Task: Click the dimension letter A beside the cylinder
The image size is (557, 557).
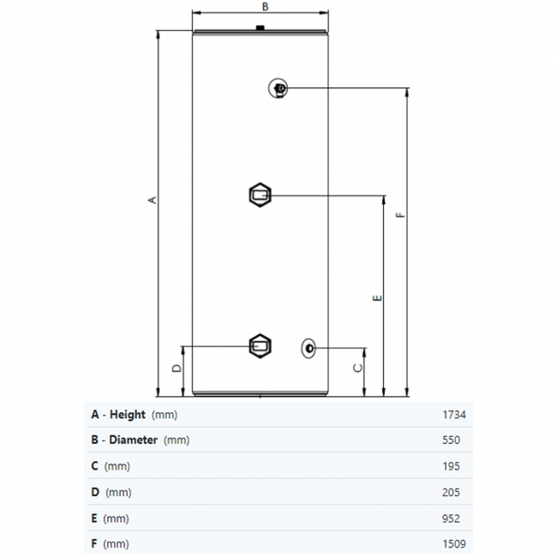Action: (153, 200)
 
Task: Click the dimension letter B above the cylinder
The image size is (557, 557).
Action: (266, 7)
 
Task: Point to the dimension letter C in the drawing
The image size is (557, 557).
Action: (358, 367)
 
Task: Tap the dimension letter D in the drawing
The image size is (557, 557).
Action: (176, 368)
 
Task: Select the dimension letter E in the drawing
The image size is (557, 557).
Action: (376, 298)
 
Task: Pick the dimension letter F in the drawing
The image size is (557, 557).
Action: (399, 216)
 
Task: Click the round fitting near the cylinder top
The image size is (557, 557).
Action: (279, 87)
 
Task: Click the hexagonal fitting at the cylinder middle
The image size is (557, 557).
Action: (260, 195)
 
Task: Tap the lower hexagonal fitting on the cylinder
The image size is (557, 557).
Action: (260, 346)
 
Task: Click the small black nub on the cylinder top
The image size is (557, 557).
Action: (261, 31)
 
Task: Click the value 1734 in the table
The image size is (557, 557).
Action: (453, 415)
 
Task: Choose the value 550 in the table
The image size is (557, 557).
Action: (452, 440)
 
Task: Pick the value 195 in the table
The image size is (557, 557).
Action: (452, 466)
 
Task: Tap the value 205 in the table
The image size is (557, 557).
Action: (452, 492)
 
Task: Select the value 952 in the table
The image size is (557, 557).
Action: (452, 518)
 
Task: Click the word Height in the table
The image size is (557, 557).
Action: (127, 415)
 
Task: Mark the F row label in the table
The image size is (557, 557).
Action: (94, 544)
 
